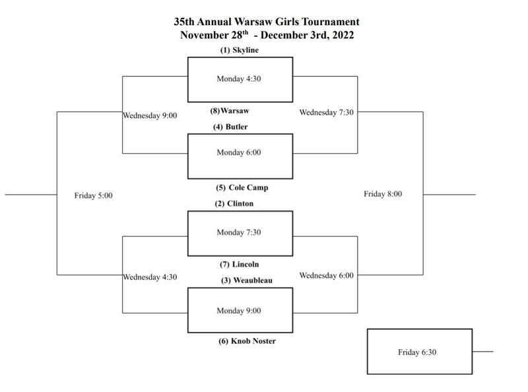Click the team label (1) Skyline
tap(240, 50)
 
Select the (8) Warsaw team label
tap(239, 111)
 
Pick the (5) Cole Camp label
tap(242, 187)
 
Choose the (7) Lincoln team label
tap(239, 264)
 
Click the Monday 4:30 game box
tap(240, 79)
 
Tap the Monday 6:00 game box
tap(240, 156)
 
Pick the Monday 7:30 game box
tap(240, 233)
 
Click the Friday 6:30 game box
tap(419, 352)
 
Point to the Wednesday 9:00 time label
tap(150, 115)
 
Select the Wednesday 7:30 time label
tap(326, 112)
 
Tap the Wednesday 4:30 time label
tap(150, 277)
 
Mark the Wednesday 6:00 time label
tap(326, 275)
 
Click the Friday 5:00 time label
tap(93, 195)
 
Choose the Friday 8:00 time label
tap(383, 194)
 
